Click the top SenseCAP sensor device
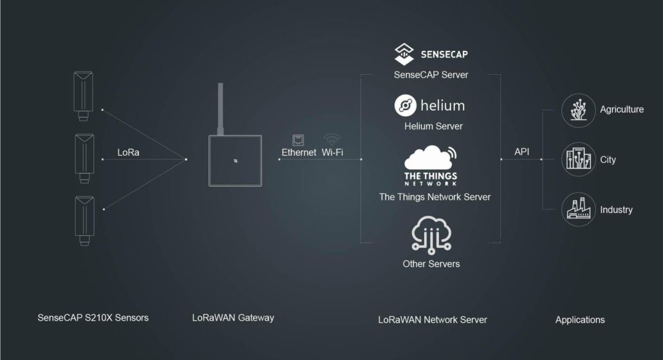[x=84, y=95]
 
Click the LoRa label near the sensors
[x=128, y=153]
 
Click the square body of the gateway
[x=235, y=160]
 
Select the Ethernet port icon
[x=299, y=140]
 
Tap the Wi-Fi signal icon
[x=332, y=138]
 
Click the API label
[x=522, y=152]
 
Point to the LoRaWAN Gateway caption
[x=233, y=317]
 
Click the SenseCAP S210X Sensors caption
[x=93, y=317]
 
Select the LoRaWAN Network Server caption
[x=432, y=319]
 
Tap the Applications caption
[x=580, y=319]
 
